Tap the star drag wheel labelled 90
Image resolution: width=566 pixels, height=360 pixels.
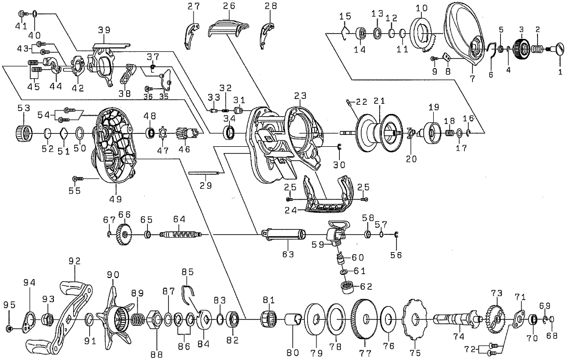pyautogui.click(x=115, y=316)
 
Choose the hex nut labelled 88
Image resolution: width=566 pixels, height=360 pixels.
pyautogui.click(x=156, y=318)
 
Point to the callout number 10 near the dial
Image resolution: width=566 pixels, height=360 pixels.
pyautogui.click(x=421, y=8)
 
